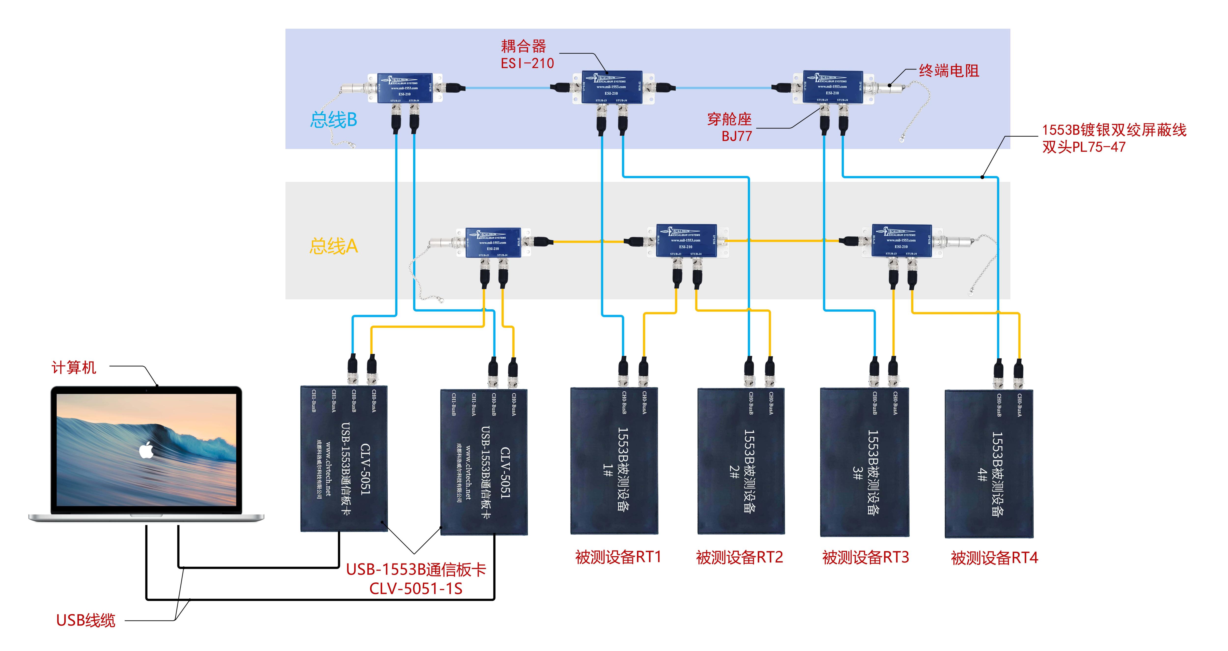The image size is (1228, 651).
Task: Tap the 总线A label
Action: (x=333, y=246)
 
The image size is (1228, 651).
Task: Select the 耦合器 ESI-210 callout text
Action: (x=527, y=54)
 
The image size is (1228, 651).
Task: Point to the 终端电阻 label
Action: (x=949, y=71)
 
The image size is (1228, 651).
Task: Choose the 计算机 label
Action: (x=74, y=367)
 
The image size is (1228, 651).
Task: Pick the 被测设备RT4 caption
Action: (x=994, y=558)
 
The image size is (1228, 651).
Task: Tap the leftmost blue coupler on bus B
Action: (x=405, y=88)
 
